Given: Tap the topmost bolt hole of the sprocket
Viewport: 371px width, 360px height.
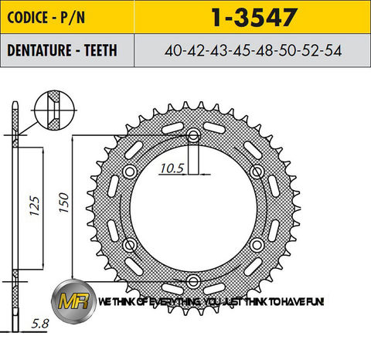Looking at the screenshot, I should coord(193,137).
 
